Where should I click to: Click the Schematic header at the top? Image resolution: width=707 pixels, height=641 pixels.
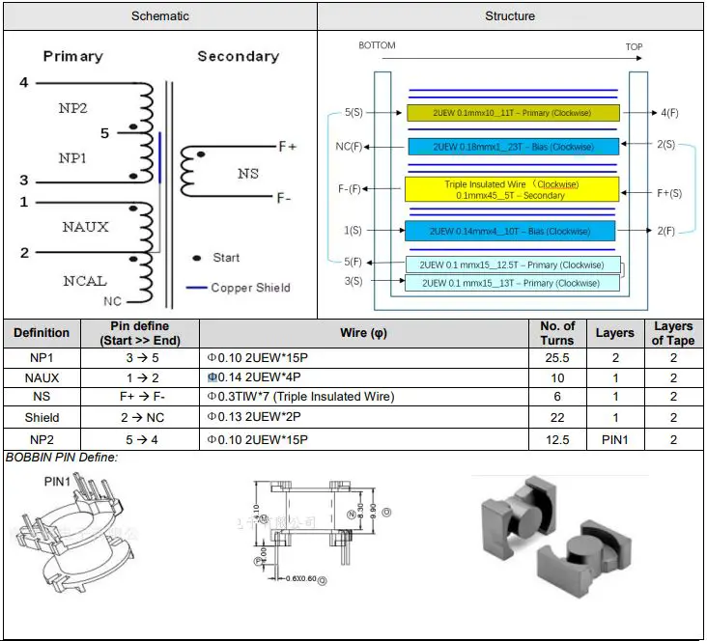point(160,16)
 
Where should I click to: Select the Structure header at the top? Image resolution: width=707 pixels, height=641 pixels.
point(510,16)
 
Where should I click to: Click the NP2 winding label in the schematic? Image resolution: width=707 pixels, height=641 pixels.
point(72,109)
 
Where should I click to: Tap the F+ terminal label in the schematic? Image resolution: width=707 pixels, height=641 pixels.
point(287,147)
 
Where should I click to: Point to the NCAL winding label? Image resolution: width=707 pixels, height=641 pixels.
point(85,281)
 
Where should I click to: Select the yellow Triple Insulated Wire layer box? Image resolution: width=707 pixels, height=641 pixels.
point(511,189)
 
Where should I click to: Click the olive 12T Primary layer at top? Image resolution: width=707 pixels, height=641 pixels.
point(512,113)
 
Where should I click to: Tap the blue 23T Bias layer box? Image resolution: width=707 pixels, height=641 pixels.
point(512,147)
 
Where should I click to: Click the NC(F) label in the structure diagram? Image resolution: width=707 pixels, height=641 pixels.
point(349,147)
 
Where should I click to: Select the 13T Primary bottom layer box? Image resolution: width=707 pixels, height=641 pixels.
point(512,283)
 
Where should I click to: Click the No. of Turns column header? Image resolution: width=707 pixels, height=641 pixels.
point(556,333)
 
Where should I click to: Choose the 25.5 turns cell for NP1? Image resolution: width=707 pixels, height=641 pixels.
point(556,358)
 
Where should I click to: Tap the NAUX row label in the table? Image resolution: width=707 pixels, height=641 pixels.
point(42,378)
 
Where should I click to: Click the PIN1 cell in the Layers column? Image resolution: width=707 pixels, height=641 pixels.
point(614,439)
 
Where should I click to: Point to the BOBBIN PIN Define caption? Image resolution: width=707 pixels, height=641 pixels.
point(62,457)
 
